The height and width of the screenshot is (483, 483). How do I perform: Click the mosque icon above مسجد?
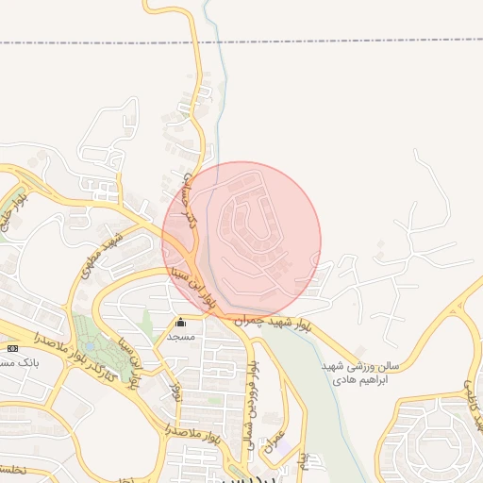coord(181,323)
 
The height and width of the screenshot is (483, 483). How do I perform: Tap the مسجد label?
coord(181,336)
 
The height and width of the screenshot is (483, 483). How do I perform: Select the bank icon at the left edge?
coord(12,348)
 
